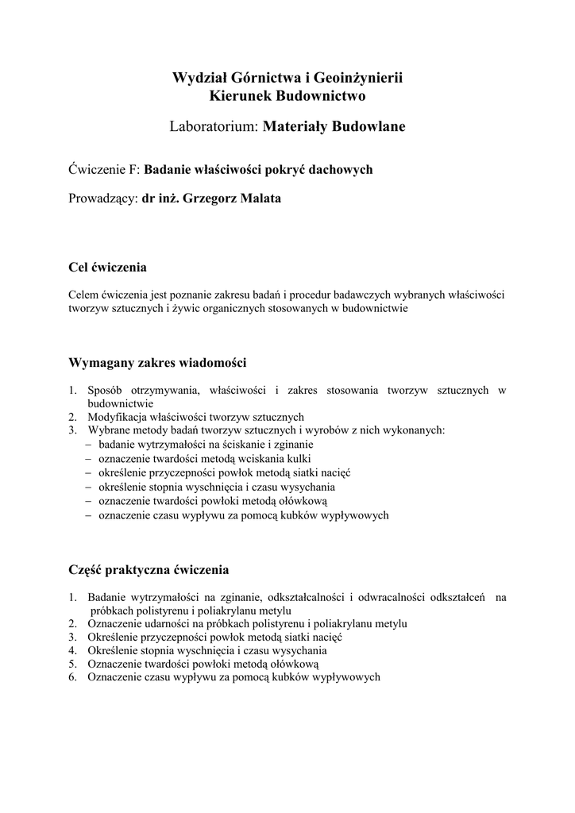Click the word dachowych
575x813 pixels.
pos(342,169)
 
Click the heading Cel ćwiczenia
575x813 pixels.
pos(107,267)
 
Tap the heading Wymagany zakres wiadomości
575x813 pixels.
pos(158,363)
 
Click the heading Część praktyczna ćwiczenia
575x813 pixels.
pos(149,569)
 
